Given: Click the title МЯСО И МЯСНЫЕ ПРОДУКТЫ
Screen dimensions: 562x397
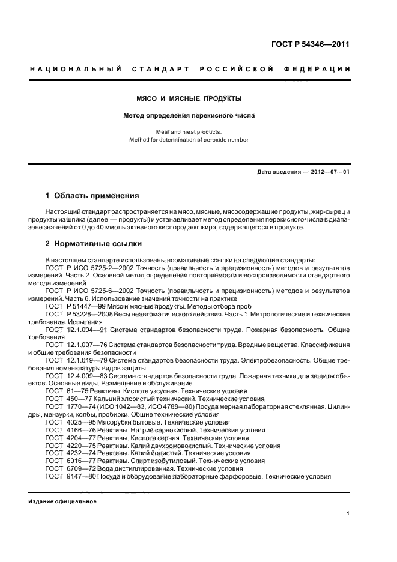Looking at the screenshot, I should pyautogui.click(x=189, y=98).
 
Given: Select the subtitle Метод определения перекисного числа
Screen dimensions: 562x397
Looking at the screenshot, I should pyautogui.click(x=189, y=115).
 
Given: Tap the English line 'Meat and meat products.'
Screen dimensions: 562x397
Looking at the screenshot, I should pyautogui.click(x=189, y=132).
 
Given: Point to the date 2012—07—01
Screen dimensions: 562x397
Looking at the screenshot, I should pyautogui.click(x=327, y=172).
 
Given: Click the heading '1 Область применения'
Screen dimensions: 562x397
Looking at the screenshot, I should pyautogui.click(x=92, y=196).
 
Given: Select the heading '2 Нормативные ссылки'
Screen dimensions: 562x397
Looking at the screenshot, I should pyautogui.click(x=94, y=244).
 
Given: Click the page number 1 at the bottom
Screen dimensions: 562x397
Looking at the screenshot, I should pyautogui.click(x=348, y=514).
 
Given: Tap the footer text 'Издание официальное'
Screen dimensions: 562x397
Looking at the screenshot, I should pyautogui.click(x=63, y=501).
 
